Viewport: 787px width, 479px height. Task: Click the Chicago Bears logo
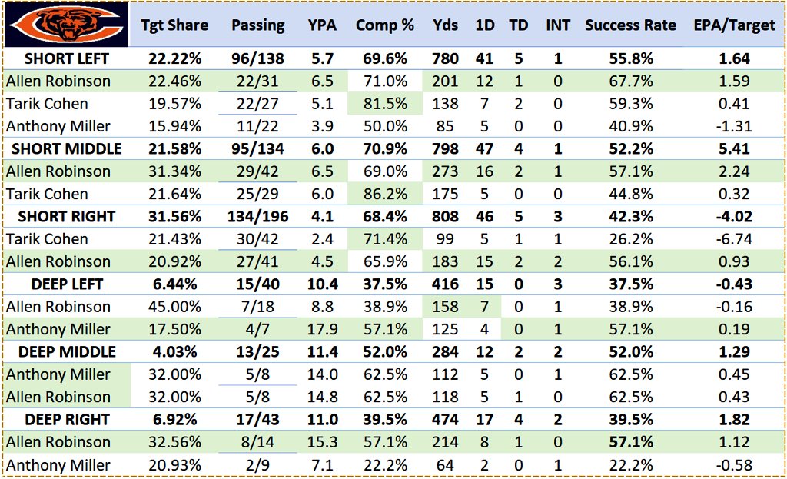(66, 25)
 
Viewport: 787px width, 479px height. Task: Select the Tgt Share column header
(174, 25)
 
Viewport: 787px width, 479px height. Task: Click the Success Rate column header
(630, 25)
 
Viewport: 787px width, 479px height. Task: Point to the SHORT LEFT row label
(66, 58)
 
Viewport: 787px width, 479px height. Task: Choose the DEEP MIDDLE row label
(70, 352)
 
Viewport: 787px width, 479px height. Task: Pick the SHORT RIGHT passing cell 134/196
(258, 217)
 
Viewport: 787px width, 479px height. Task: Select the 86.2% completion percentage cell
(385, 194)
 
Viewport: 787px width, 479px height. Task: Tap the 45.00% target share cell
(174, 307)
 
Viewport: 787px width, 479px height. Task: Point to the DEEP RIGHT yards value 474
(445, 420)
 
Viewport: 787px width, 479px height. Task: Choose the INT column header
(558, 25)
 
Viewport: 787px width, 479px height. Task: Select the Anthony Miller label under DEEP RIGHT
(58, 465)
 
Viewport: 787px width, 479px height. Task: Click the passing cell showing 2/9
(258, 465)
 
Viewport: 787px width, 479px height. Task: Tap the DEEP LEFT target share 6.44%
(174, 284)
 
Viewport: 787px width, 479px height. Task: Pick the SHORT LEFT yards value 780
(445, 58)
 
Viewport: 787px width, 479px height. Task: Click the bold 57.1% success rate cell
(630, 443)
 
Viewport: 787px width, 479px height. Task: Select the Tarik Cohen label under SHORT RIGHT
(47, 239)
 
